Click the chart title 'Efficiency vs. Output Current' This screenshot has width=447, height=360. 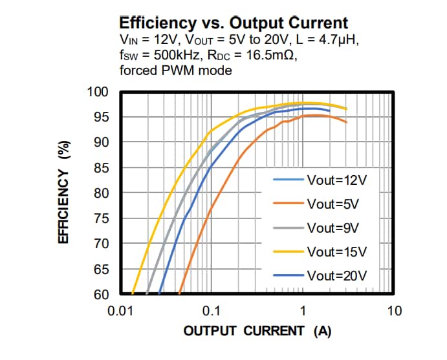point(234,22)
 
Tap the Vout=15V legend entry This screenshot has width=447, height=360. point(336,251)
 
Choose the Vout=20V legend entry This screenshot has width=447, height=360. point(336,275)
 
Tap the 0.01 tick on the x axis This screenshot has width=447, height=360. point(120,311)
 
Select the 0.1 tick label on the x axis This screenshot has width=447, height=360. point(212,311)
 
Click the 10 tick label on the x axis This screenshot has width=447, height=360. point(394,311)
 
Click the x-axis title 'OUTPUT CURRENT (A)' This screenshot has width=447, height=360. point(257,332)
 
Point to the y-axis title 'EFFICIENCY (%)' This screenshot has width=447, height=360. point(64,193)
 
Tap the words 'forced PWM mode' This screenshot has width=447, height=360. point(176,70)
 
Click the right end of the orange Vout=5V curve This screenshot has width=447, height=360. point(347,122)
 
